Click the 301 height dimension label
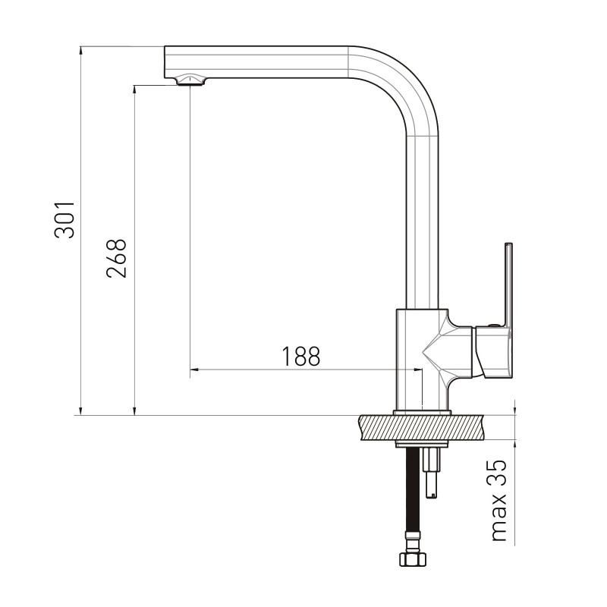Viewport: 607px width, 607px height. coord(64,219)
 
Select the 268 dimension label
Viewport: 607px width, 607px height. coord(116,258)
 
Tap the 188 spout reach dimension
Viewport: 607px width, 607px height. coord(300,356)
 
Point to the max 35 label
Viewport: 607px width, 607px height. coord(499,500)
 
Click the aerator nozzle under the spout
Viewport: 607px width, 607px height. coord(190,80)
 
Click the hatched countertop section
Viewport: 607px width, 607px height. coord(422,427)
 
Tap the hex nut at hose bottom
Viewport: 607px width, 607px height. coord(413,559)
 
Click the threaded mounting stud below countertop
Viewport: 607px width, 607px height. coord(432,472)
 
